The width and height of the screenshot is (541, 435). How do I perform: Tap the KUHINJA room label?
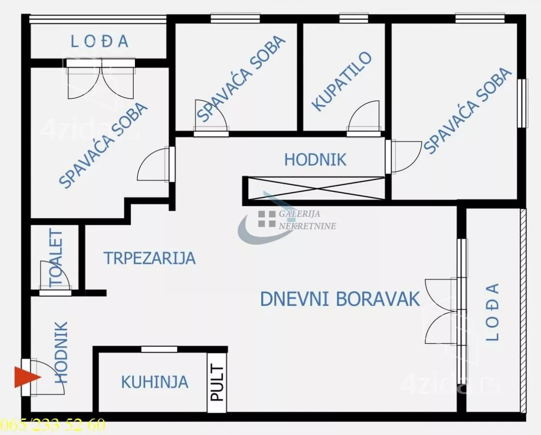pos(154,382)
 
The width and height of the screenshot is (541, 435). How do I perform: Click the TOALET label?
pos(56,258)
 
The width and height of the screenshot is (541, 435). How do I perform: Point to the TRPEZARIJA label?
pos(150,258)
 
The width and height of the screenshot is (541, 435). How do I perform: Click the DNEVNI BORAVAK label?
pos(340,299)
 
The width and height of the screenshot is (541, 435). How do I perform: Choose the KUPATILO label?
pos(342,82)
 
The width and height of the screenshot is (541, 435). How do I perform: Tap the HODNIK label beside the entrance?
pos(61,352)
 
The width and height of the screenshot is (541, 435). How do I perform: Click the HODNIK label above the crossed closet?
pos(315,159)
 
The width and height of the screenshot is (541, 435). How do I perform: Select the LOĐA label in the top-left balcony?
pos(100,42)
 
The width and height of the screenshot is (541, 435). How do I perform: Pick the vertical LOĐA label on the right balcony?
pos(492,312)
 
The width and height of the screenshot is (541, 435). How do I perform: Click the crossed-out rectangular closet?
pos(315,188)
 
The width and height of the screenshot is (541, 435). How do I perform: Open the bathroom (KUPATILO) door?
pos(364,117)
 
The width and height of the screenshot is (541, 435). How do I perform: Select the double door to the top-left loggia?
pos(101,80)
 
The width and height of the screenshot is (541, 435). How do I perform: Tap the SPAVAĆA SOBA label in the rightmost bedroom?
pos(467,111)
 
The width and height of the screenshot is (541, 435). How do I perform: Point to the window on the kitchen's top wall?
pos(159,349)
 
